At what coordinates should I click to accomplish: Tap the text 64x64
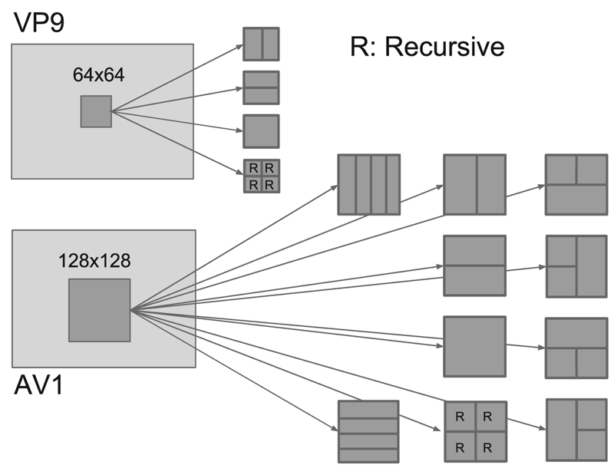tap(98, 75)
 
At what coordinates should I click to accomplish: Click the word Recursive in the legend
tap(445, 48)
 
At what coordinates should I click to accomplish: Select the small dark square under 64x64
tap(96, 111)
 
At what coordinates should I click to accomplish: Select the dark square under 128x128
tap(100, 310)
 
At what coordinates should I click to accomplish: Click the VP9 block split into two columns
tap(261, 44)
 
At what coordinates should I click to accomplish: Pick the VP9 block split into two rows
tap(261, 87)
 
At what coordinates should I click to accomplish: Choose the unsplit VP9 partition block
tap(261, 131)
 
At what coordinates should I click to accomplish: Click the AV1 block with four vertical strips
tap(369, 185)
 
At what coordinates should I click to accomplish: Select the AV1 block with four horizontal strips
tap(369, 430)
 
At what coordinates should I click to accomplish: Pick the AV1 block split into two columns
tap(475, 185)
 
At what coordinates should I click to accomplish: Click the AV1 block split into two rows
tap(475, 265)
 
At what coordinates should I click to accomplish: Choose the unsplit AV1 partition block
tap(475, 347)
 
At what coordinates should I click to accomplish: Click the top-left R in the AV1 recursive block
tap(460, 417)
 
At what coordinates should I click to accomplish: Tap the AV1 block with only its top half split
tap(576, 185)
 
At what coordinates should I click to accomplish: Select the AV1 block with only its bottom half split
tap(576, 348)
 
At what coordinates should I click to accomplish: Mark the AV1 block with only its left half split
tap(576, 266)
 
